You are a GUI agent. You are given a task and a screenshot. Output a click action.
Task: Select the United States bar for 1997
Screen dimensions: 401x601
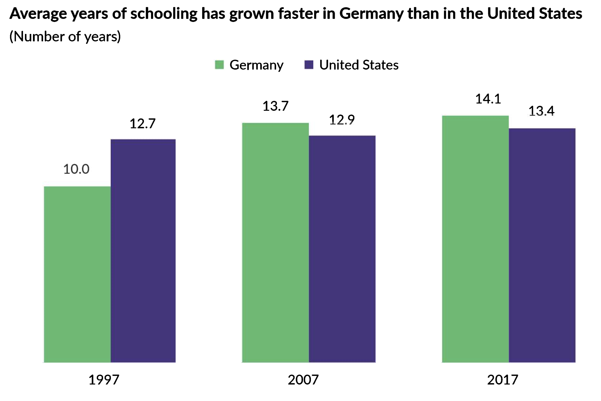[143, 251]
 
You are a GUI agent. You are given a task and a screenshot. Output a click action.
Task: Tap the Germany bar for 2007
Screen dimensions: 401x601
[275, 243]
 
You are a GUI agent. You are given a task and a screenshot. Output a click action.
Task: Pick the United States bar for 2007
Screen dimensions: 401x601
[342, 249]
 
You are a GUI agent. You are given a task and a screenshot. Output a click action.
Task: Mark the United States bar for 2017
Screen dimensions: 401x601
[542, 245]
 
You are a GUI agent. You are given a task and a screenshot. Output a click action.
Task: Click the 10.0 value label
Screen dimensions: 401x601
[76, 169]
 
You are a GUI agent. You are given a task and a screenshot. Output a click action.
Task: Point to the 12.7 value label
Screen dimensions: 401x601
[143, 124]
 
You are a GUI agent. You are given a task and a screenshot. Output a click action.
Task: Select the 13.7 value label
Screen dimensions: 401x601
[275, 106]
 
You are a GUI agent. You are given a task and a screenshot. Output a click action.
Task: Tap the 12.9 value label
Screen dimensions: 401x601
[342, 120]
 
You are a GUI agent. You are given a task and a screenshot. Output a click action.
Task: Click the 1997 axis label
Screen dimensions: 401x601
[104, 380]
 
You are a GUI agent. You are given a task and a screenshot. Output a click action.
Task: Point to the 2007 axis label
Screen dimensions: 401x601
[303, 380]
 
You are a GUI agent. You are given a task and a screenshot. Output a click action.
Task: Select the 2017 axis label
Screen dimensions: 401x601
[502, 380]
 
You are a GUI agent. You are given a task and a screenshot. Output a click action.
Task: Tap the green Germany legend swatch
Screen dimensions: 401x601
[219, 65]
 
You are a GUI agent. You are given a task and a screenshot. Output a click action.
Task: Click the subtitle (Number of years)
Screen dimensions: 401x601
[65, 37]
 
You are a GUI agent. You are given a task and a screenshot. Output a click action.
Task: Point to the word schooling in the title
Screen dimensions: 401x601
[164, 14]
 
